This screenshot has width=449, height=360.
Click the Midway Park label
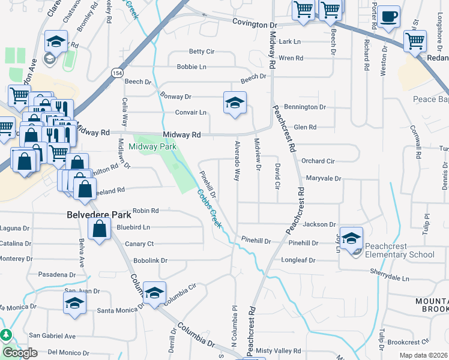[x=152, y=146]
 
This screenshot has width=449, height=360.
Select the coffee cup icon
[x=390, y=16]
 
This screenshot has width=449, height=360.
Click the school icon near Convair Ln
[x=235, y=103]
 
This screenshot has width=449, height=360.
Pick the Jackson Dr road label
[x=319, y=224]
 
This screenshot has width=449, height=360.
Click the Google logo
[x=19, y=353]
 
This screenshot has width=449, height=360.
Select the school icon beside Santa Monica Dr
[x=74, y=302]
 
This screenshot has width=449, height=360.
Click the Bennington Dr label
[x=305, y=107]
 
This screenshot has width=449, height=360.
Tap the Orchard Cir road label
[x=318, y=161]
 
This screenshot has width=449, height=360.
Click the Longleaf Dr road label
[x=298, y=260]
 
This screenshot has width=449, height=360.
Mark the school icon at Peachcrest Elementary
[x=351, y=238]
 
